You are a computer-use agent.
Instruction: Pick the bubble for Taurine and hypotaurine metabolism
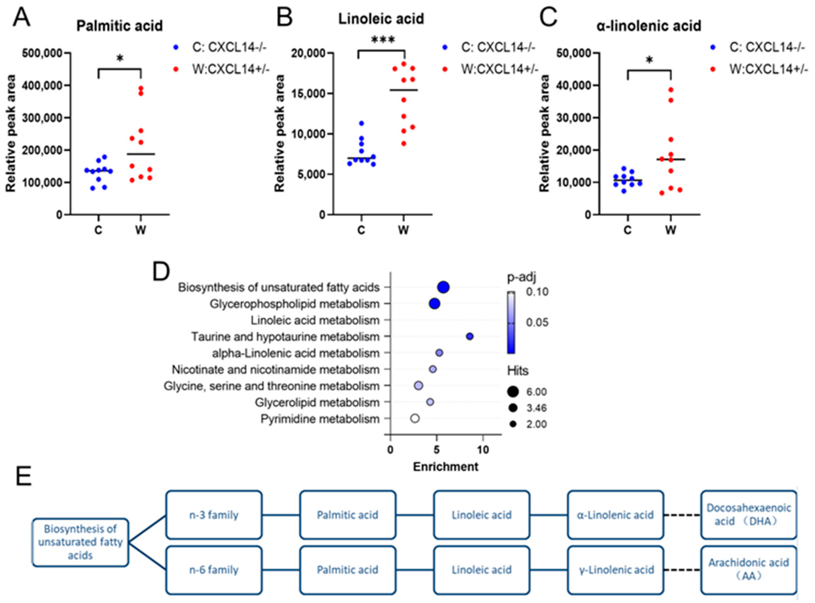coord(470,336)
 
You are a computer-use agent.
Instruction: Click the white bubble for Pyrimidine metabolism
coord(414,418)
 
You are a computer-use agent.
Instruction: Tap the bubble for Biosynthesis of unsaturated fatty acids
coord(444,287)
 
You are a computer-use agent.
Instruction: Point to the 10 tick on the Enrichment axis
coord(483,450)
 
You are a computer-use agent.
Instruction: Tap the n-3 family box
coord(214,515)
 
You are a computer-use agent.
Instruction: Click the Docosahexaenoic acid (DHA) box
coord(748,515)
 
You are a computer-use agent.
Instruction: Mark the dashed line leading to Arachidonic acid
coord(681,570)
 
